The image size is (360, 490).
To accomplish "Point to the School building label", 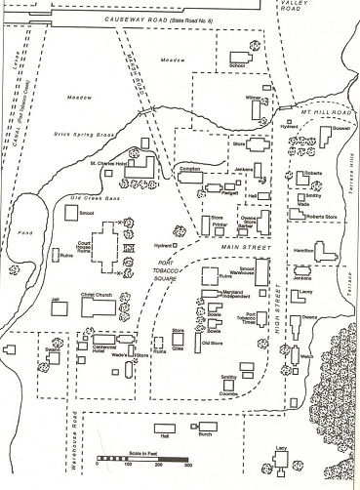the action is click(x=236, y=66).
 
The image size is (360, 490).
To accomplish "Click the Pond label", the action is click(x=17, y=236).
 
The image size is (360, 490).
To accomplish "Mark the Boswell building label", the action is click(x=340, y=128).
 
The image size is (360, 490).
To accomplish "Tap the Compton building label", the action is click(x=190, y=169).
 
